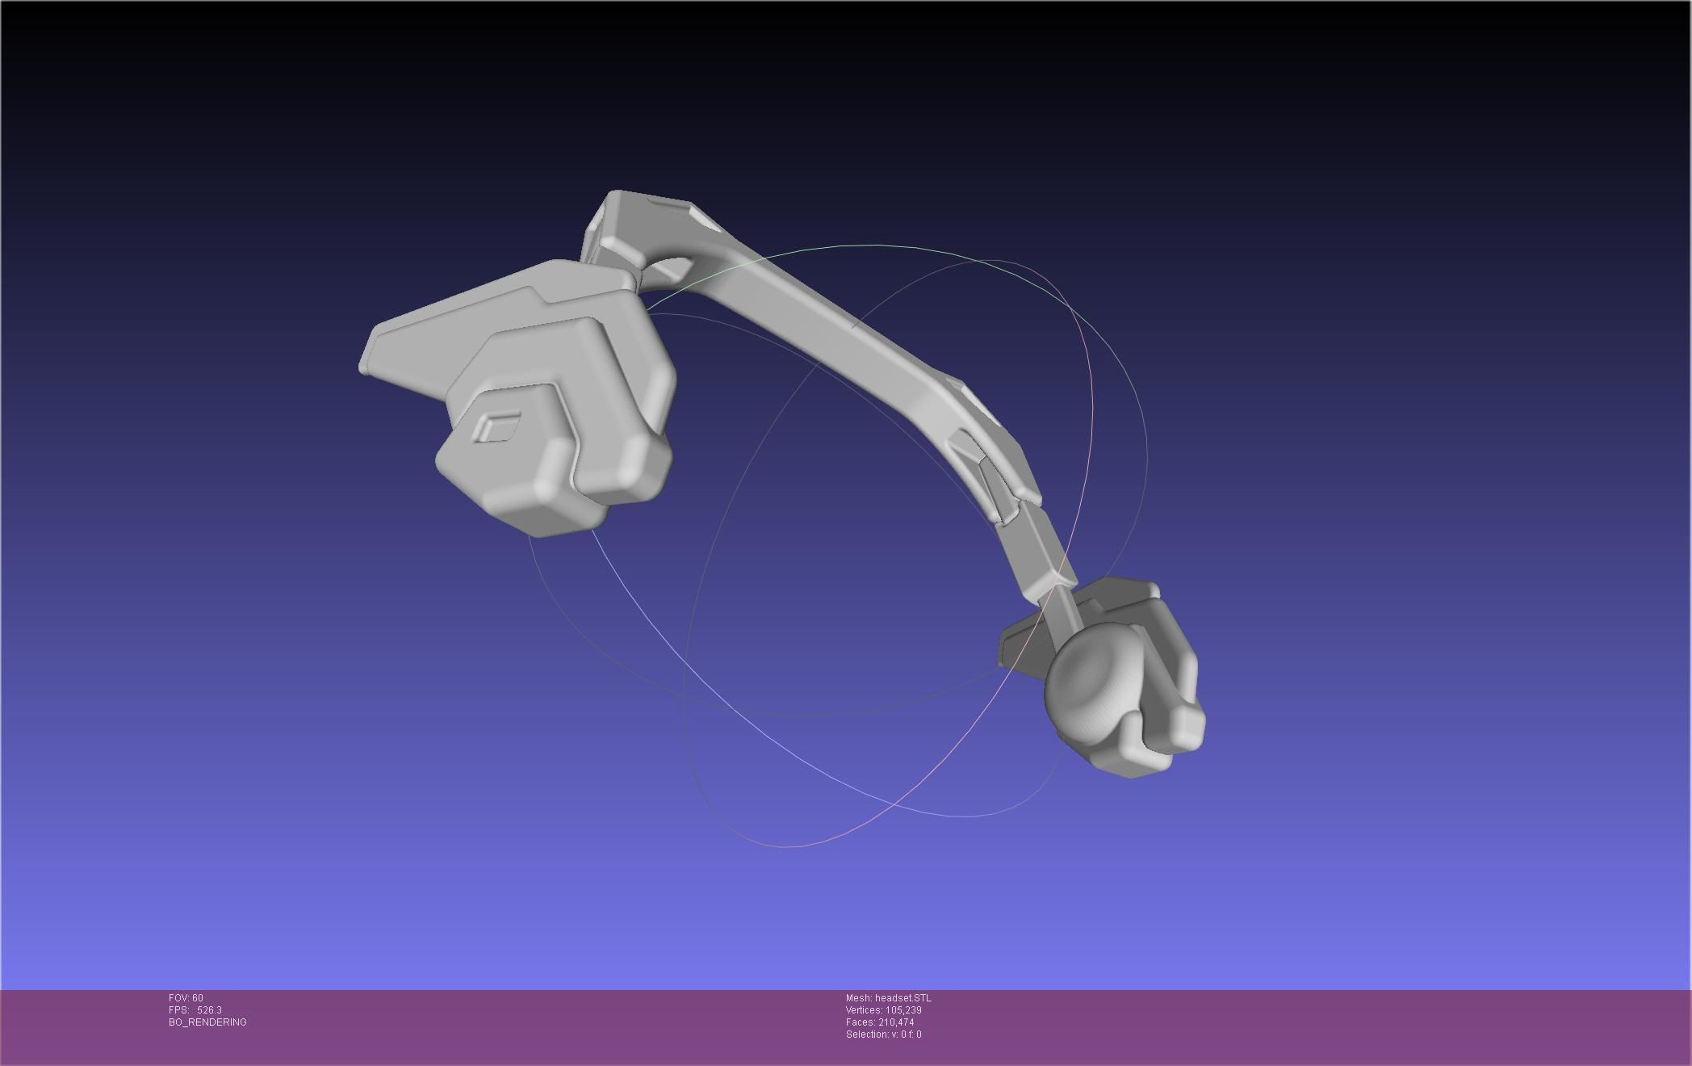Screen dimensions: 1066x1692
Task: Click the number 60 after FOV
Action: point(198,998)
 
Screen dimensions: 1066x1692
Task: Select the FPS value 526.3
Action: point(209,1010)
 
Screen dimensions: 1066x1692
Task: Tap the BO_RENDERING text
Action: point(207,1022)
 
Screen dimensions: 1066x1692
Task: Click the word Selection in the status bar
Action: point(865,1035)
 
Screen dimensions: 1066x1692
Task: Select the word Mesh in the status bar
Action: point(857,998)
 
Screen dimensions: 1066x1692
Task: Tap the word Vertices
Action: point(863,1010)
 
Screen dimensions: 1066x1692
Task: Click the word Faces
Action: point(859,1022)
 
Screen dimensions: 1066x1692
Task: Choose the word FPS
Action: point(178,1010)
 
